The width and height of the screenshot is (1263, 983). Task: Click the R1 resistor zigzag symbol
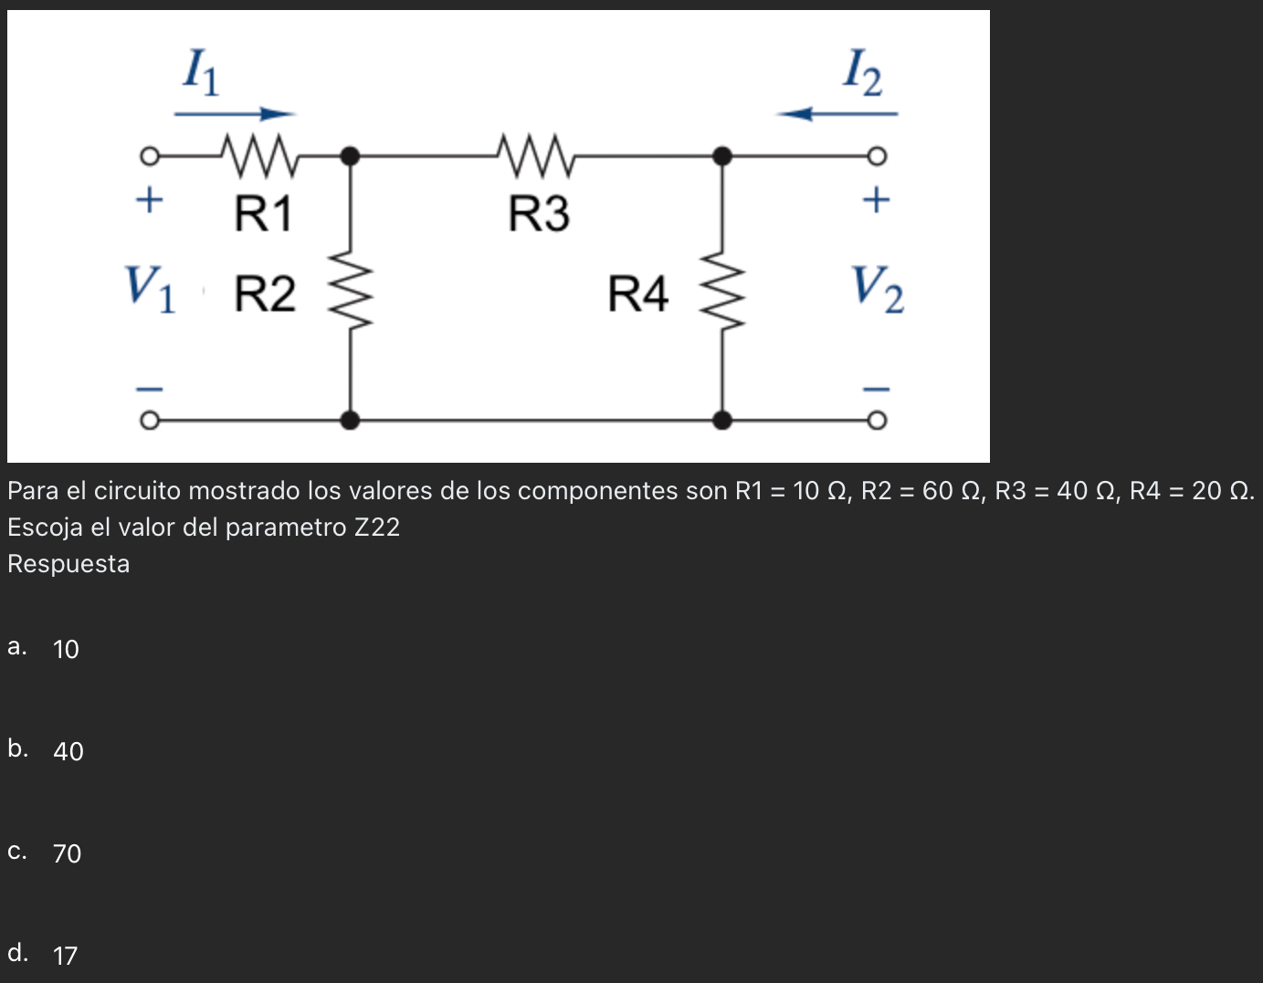tap(259, 155)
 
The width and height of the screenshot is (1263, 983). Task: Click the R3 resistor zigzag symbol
tap(536, 155)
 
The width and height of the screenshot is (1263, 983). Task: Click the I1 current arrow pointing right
tap(235, 114)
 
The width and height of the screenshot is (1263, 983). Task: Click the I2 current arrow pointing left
tap(837, 114)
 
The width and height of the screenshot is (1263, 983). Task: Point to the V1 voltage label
tap(150, 288)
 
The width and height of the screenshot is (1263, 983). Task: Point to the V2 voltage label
tap(878, 288)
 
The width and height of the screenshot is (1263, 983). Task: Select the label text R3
tap(539, 214)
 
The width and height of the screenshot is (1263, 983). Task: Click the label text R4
tap(638, 295)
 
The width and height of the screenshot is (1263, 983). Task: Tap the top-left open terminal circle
tap(149, 156)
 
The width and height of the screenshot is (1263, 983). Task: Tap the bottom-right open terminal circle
tap(877, 421)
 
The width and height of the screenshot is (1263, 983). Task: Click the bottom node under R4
tap(722, 421)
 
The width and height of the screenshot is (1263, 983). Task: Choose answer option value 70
tap(67, 853)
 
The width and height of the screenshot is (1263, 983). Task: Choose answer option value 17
tap(66, 956)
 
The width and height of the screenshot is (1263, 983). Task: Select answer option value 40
tap(68, 751)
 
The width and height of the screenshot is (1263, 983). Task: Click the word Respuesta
tap(68, 564)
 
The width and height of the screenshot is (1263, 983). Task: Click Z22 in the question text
tap(376, 528)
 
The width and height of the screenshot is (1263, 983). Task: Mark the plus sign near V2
tap(876, 199)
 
